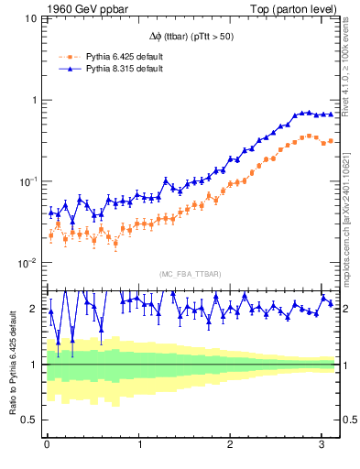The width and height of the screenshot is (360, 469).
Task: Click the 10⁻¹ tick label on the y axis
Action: [x=27, y=180]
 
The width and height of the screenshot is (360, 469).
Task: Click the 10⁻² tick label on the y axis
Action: [x=27, y=262]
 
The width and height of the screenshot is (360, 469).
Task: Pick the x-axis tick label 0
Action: [x=47, y=446]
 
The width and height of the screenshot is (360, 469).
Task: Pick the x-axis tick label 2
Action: [x=232, y=446]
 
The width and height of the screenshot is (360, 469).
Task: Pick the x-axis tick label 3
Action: [x=323, y=446]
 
